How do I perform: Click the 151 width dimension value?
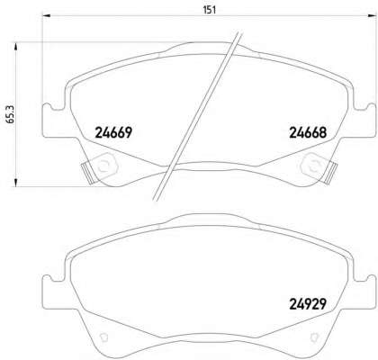(210, 10)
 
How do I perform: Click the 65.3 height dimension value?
(11, 114)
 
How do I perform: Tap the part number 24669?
(113, 132)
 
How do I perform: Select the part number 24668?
(308, 132)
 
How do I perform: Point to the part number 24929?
(308, 304)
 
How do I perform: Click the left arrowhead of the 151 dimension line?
(46, 16)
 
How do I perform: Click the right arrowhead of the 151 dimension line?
(372, 16)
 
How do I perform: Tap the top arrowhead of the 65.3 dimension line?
(16, 46)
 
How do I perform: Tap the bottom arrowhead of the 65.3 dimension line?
(16, 183)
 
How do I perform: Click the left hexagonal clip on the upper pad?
(105, 164)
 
